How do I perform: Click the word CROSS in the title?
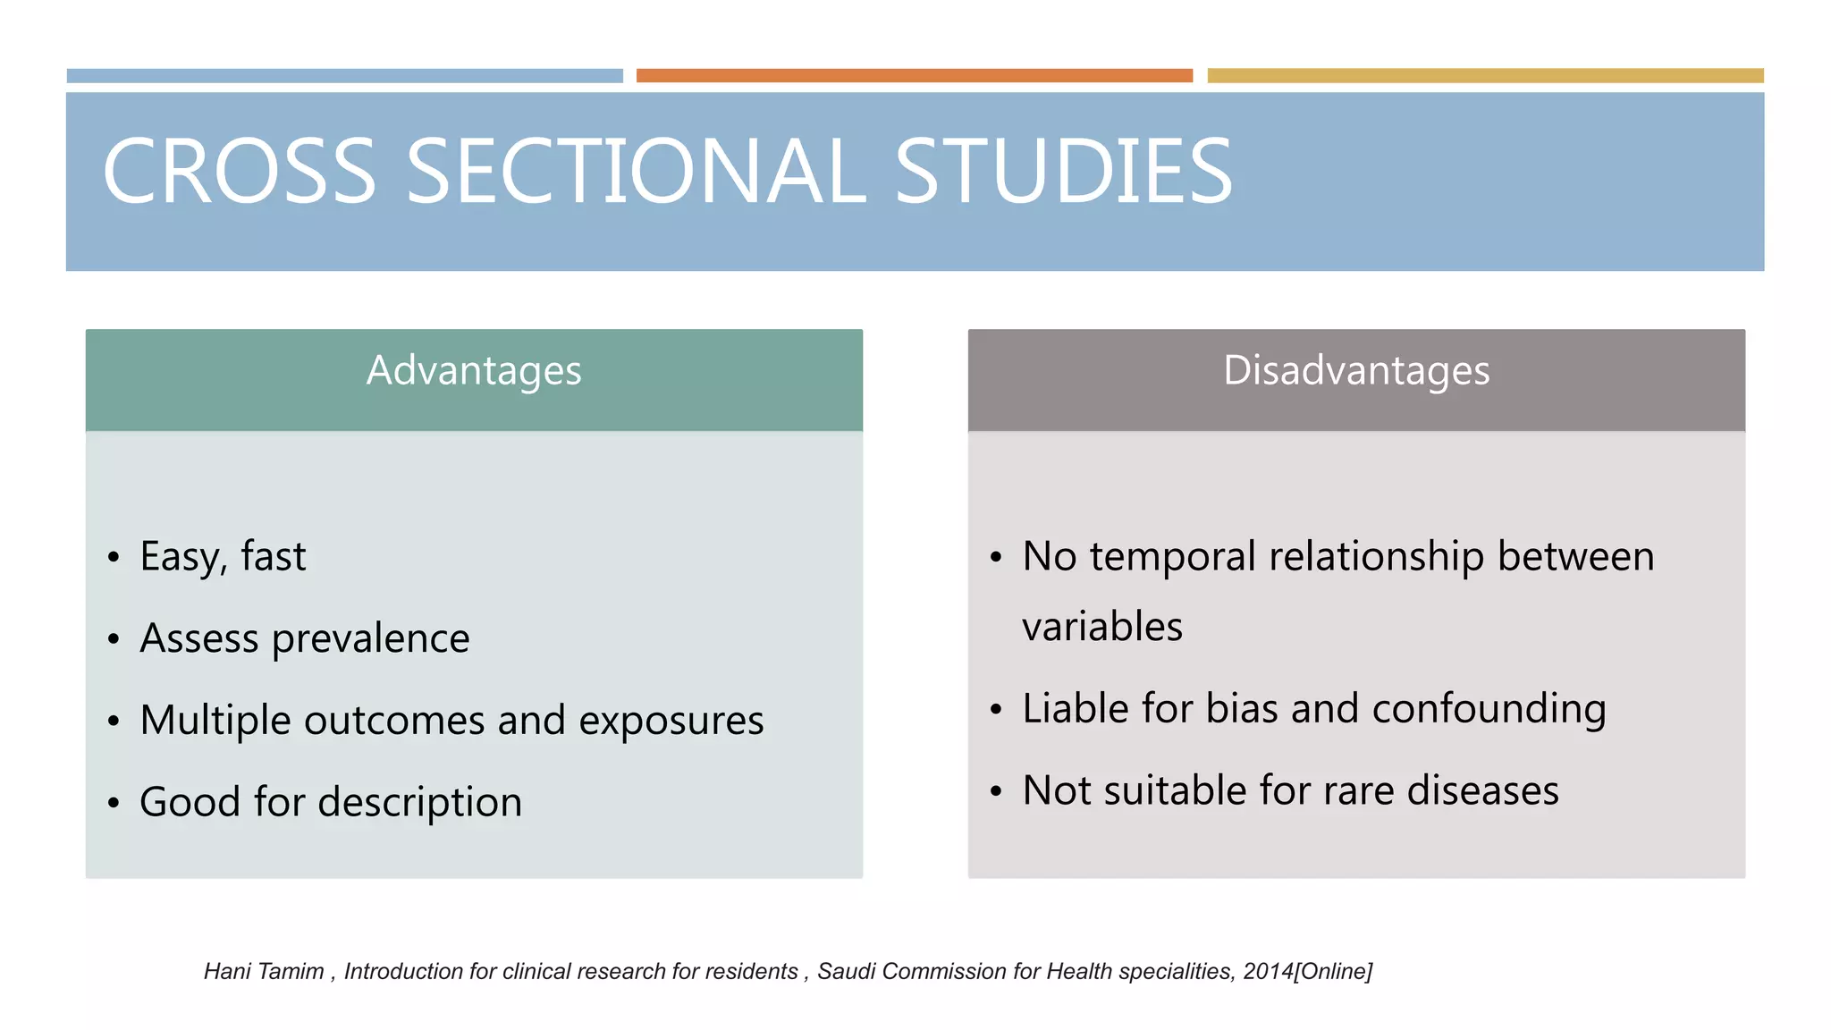click(x=240, y=171)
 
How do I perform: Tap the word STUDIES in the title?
click(x=1063, y=171)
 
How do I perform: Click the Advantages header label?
click(x=474, y=370)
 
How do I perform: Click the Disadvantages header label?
click(x=1356, y=370)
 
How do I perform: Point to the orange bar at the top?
click(x=914, y=76)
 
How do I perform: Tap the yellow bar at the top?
click(x=1485, y=76)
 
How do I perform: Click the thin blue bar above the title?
click(x=344, y=76)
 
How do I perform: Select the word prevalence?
click(x=370, y=639)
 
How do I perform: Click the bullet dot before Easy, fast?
click(x=113, y=558)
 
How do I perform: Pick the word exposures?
click(x=671, y=721)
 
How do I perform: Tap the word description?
click(x=420, y=803)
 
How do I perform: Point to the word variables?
click(x=1101, y=626)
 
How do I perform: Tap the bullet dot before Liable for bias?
click(x=996, y=710)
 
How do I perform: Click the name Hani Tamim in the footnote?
click(x=264, y=971)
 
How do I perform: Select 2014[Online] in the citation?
click(x=1307, y=971)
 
